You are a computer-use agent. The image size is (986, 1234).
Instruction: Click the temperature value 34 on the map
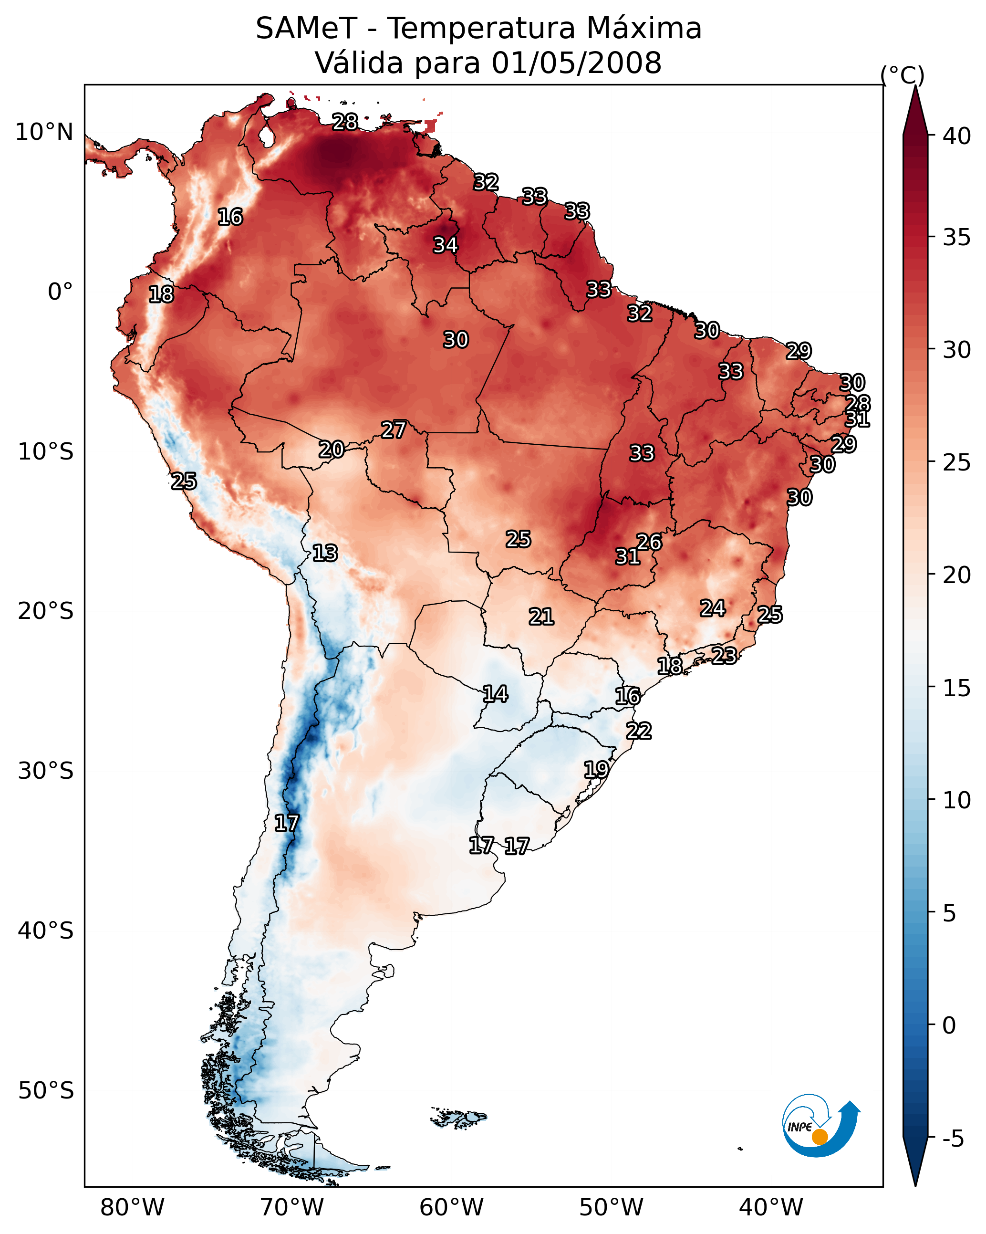445,245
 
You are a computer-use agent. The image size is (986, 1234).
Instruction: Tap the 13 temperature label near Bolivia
325,553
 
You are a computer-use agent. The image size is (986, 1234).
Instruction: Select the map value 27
394,430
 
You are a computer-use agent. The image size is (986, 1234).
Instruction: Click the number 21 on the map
541,617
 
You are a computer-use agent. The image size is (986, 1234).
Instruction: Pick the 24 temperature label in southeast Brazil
713,608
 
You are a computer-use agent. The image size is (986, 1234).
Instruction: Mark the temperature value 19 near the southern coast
596,769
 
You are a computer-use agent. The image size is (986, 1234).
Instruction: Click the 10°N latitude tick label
44,132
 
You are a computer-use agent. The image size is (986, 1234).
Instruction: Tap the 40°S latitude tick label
45,931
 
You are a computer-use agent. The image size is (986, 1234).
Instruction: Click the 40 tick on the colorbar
957,136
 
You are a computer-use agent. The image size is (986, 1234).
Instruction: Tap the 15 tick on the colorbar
957,688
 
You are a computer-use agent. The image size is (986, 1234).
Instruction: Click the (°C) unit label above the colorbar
903,75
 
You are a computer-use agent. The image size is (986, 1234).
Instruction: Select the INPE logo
820,1126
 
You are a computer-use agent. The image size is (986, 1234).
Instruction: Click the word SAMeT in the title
306,29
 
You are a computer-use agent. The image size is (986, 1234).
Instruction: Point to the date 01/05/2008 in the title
576,63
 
